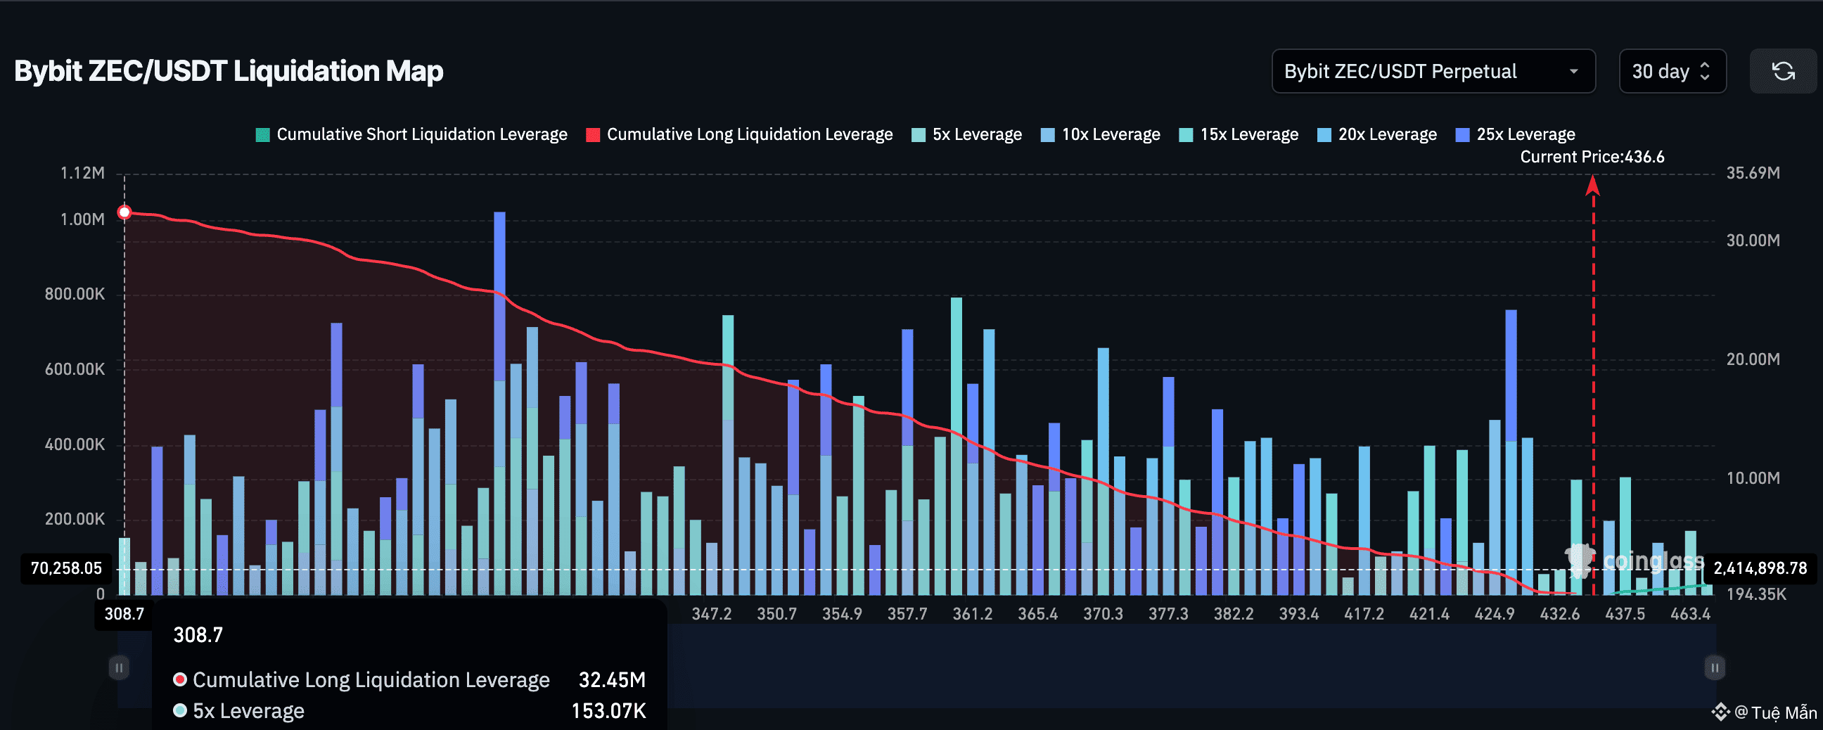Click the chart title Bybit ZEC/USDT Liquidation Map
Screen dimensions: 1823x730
tap(229, 72)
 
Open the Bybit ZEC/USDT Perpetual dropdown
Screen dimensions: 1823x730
tap(1433, 72)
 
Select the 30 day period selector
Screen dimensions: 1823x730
tap(1672, 72)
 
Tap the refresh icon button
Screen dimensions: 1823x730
tap(1783, 72)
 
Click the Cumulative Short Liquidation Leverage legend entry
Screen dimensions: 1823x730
tap(412, 134)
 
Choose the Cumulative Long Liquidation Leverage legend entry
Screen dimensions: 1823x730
tap(739, 134)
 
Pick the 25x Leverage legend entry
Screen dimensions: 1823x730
tap(1515, 134)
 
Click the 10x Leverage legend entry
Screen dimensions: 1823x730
tap(1101, 134)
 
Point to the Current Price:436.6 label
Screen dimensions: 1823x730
tap(1592, 157)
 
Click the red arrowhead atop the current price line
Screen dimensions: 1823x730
tap(1593, 185)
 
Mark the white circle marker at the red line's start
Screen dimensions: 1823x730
tap(124, 212)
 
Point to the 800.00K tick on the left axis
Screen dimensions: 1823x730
tap(75, 294)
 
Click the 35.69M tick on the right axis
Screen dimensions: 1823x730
tap(1753, 173)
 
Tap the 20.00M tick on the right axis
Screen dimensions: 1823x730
tap(1753, 359)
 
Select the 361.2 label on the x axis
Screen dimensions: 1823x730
tap(973, 614)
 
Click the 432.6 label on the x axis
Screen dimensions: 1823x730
tap(1560, 614)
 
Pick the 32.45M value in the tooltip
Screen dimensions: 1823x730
tap(612, 680)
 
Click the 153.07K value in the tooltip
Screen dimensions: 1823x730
tap(608, 711)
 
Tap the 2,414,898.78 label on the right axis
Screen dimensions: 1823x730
tap(1760, 568)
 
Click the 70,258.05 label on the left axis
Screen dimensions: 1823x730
tap(67, 568)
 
